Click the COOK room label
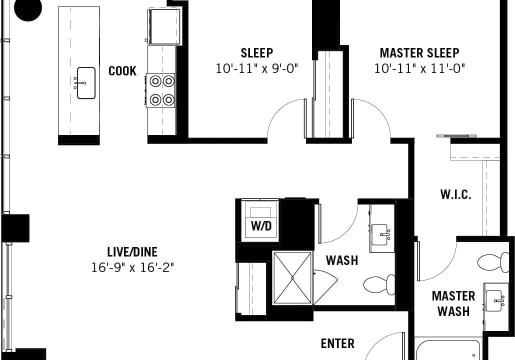point(122,71)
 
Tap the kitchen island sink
point(86,83)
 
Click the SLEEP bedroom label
point(256,53)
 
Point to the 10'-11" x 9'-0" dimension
point(256,68)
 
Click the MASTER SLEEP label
point(419,53)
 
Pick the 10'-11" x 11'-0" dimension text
point(419,68)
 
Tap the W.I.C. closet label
point(455,194)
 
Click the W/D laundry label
point(261,225)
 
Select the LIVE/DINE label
point(132,252)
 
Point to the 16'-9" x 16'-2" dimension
point(132,267)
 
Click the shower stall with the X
point(292,278)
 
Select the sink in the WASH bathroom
point(380,234)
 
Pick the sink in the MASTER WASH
point(494,300)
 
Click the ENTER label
point(337,343)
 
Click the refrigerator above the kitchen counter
point(164,26)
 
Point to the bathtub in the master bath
point(447,350)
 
